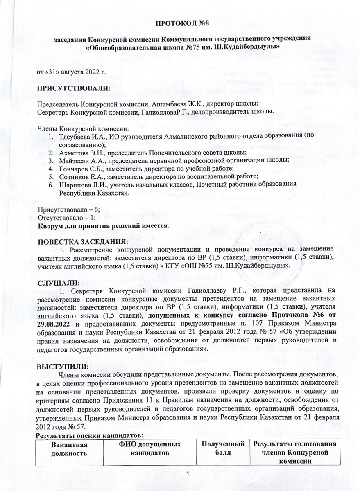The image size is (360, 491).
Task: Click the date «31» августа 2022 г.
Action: [x=72, y=72]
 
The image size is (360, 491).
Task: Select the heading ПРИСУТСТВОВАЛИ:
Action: [x=74, y=88]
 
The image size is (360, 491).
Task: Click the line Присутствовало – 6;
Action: [x=68, y=209]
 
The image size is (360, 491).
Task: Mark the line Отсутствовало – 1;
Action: [x=67, y=218]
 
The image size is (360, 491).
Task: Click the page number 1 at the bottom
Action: [x=187, y=474]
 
